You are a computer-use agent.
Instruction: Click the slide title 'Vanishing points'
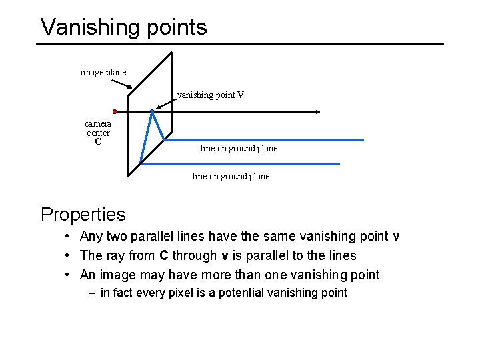pos(123,27)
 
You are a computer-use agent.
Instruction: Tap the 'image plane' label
pos(103,72)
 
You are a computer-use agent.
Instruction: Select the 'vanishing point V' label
pos(211,95)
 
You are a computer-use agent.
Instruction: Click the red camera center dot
pos(115,111)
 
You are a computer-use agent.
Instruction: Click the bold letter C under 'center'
pos(98,142)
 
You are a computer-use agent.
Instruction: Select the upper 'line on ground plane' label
pos(239,148)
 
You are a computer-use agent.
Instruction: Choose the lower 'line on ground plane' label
pos(231,176)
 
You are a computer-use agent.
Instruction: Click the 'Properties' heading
pos(83,214)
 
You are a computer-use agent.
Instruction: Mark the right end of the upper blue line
pos(363,140)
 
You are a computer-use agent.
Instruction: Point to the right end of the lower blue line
pos(339,164)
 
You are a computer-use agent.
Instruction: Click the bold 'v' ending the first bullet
pos(396,237)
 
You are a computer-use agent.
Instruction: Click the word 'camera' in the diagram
pos(98,123)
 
